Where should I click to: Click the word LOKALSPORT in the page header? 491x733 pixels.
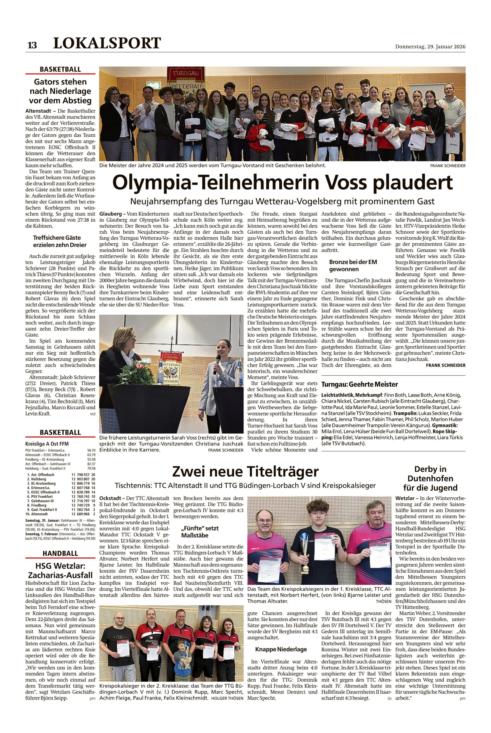pos(107,43)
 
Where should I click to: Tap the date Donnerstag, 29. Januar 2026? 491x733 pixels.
pos(430,47)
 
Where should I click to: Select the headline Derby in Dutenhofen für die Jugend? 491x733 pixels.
pos(430,478)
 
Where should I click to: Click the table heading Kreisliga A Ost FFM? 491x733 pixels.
pos(47,444)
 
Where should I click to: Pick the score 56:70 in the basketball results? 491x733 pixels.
pos(92,450)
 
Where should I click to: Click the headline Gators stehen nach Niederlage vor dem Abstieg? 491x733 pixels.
pos(60,91)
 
